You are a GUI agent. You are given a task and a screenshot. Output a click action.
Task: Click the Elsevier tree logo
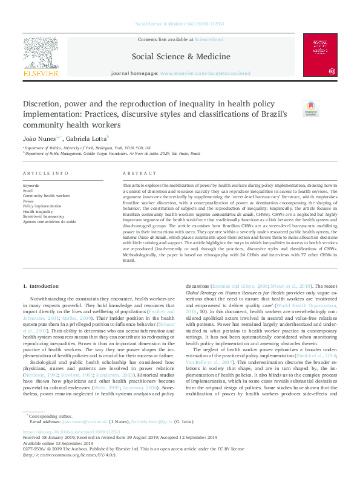pyautogui.click(x=41, y=53)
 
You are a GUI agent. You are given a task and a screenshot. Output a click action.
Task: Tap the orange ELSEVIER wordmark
pyautogui.click(x=41, y=74)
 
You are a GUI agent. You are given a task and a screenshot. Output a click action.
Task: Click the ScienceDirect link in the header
pyautogui.click(x=209, y=39)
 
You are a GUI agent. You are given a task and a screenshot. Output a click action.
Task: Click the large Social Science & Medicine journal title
pyautogui.click(x=180, y=57)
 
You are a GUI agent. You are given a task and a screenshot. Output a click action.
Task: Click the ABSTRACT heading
pyautogui.click(x=135, y=173)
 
